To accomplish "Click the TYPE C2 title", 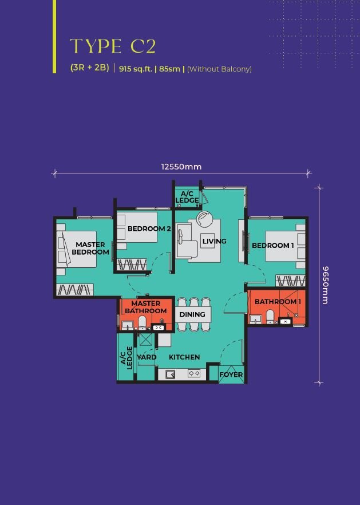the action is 113,46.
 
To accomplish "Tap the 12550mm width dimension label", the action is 181,167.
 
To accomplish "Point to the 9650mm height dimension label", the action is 325,285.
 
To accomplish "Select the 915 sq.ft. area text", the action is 136,69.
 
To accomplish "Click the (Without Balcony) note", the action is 219,69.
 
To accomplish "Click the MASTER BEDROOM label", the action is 90,248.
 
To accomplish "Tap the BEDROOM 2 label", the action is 149,228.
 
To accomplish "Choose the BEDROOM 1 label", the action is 273,246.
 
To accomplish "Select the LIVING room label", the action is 215,241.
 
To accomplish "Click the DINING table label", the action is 192,314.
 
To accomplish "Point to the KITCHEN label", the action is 184,357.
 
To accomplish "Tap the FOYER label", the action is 231,374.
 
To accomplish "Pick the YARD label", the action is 147,357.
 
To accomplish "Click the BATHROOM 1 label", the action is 278,302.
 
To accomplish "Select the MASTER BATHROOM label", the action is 146,307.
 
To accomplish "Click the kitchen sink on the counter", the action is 171,374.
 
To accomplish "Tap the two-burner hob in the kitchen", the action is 194,373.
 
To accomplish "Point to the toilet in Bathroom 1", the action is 270,317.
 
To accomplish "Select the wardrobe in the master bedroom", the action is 75,290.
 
